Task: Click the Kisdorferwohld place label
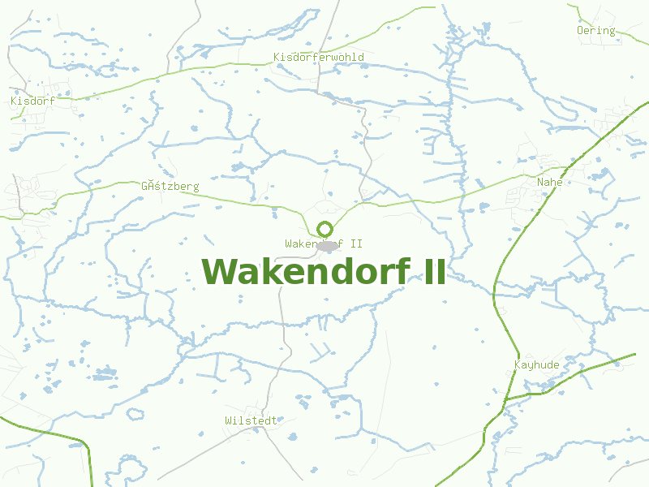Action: click(x=319, y=58)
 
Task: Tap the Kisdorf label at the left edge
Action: click(x=32, y=101)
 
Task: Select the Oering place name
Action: click(x=595, y=31)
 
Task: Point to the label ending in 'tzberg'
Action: click(x=170, y=187)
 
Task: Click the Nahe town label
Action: click(x=549, y=183)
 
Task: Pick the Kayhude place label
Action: click(x=537, y=365)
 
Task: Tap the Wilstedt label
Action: click(x=251, y=420)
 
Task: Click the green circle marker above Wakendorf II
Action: click(x=325, y=229)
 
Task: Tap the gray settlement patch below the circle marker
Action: click(x=328, y=245)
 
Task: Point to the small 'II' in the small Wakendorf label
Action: click(x=355, y=243)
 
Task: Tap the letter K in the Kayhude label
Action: click(x=518, y=365)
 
